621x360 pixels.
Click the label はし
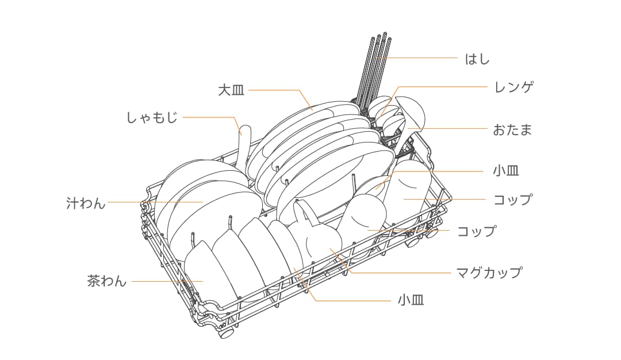pos(477,59)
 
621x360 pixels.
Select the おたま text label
pos(512,129)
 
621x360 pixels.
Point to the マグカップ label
pos(488,272)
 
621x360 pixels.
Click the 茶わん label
pos(107,281)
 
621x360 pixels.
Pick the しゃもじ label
pos(152,118)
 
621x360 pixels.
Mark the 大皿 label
pos(231,90)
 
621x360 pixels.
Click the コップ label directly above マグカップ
pos(476,231)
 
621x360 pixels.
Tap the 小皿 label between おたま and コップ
pos(506,171)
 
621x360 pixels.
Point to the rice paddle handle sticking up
pos(244,133)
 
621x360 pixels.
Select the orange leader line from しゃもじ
pos(207,118)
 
